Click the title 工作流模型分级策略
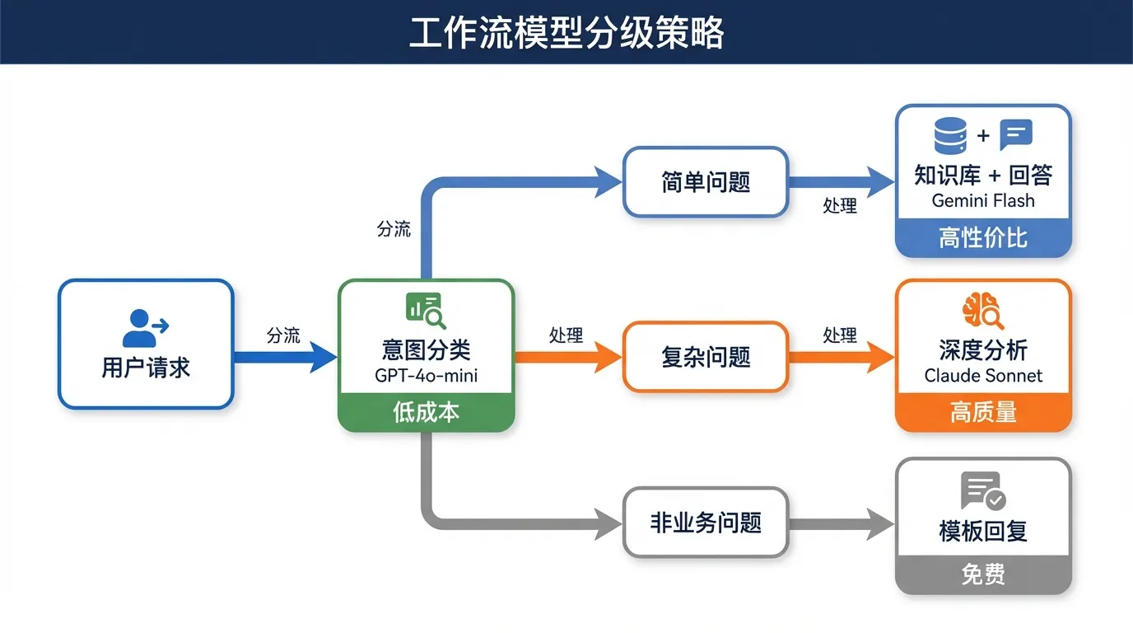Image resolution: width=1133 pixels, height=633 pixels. [x=566, y=33]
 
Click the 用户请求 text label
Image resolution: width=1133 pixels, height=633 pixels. [x=146, y=368]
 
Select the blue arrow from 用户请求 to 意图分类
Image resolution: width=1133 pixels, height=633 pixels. [x=284, y=358]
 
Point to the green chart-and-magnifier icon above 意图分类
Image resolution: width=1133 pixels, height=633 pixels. [x=426, y=311]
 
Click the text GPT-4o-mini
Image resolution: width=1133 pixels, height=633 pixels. [x=426, y=376]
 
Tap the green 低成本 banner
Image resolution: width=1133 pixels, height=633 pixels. [x=426, y=412]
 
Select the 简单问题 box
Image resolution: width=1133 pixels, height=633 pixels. [x=706, y=182]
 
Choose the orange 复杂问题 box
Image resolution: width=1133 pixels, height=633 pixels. [x=706, y=357]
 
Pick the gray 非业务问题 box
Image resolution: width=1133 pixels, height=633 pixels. [x=706, y=523]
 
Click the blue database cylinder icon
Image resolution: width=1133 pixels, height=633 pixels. [x=950, y=135]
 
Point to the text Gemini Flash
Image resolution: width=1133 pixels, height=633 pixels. [x=983, y=200]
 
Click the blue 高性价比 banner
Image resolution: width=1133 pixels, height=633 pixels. [x=983, y=238]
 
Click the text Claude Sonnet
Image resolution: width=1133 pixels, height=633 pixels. [x=983, y=376]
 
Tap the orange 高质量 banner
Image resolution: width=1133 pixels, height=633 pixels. [x=983, y=412]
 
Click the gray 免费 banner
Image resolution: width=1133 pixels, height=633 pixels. [x=983, y=574]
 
